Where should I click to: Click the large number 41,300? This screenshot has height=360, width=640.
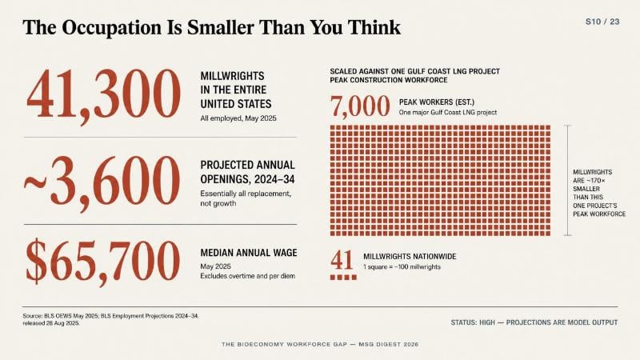[103, 95]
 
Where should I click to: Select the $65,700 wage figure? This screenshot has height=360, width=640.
[102, 262]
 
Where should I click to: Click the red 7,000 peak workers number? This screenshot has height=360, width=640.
[360, 107]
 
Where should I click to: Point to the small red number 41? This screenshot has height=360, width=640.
[342, 260]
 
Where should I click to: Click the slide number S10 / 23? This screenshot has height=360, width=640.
[602, 22]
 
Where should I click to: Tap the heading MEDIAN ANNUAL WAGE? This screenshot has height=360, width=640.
[249, 253]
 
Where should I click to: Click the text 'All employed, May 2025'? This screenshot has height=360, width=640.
[238, 118]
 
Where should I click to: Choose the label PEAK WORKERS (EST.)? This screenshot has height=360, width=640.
[437, 102]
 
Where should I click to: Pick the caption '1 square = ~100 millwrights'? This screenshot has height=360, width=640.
[402, 267]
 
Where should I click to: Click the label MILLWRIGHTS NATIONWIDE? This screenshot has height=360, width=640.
[410, 256]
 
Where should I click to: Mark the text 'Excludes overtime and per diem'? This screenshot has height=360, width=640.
[248, 276]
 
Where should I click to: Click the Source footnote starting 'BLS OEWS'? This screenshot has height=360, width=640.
[110, 319]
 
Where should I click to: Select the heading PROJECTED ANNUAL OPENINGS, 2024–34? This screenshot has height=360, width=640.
[247, 172]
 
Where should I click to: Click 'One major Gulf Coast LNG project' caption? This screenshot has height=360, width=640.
[448, 112]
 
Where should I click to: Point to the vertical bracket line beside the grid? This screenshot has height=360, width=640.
[568, 181]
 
